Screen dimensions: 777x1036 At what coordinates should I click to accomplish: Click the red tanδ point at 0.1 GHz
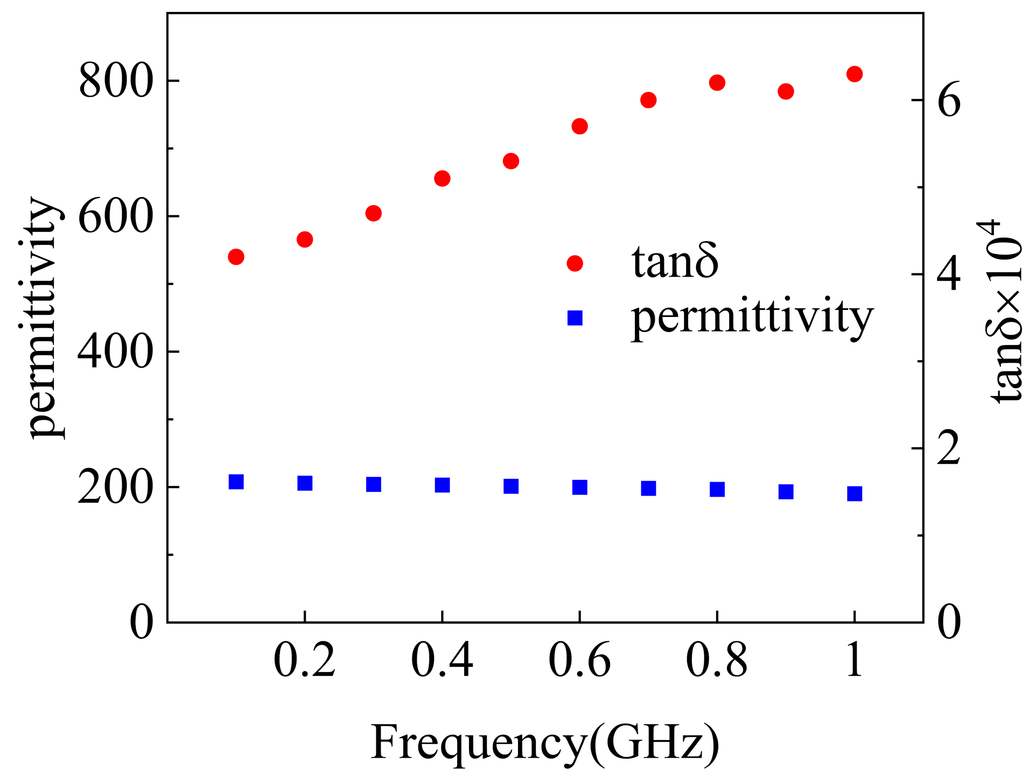[x=236, y=257]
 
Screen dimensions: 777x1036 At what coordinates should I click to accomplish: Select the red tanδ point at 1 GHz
[x=855, y=74]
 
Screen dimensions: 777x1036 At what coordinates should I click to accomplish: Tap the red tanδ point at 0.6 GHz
[x=579, y=126]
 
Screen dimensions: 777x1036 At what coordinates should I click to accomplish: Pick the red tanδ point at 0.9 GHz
[x=786, y=91]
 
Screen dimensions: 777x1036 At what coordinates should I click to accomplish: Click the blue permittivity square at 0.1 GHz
[x=236, y=482]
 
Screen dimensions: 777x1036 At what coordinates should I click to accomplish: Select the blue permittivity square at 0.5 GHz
[x=511, y=486]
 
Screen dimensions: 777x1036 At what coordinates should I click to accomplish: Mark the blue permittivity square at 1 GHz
[x=855, y=493]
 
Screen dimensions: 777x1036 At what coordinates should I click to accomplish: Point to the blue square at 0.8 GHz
[x=717, y=489]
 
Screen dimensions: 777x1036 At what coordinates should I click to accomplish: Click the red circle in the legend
[x=575, y=263]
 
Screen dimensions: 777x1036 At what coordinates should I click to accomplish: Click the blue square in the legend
[x=575, y=318]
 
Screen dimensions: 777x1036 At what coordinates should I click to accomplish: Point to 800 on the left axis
[x=114, y=82]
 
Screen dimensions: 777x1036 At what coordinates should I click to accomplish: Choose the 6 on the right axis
[x=949, y=101]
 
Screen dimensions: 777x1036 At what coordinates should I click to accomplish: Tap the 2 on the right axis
[x=949, y=448]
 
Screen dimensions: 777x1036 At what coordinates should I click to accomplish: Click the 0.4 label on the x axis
[x=442, y=660]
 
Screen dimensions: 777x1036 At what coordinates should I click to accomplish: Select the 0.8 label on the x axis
[x=717, y=660]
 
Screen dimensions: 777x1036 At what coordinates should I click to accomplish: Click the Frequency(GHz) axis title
[x=545, y=743]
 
